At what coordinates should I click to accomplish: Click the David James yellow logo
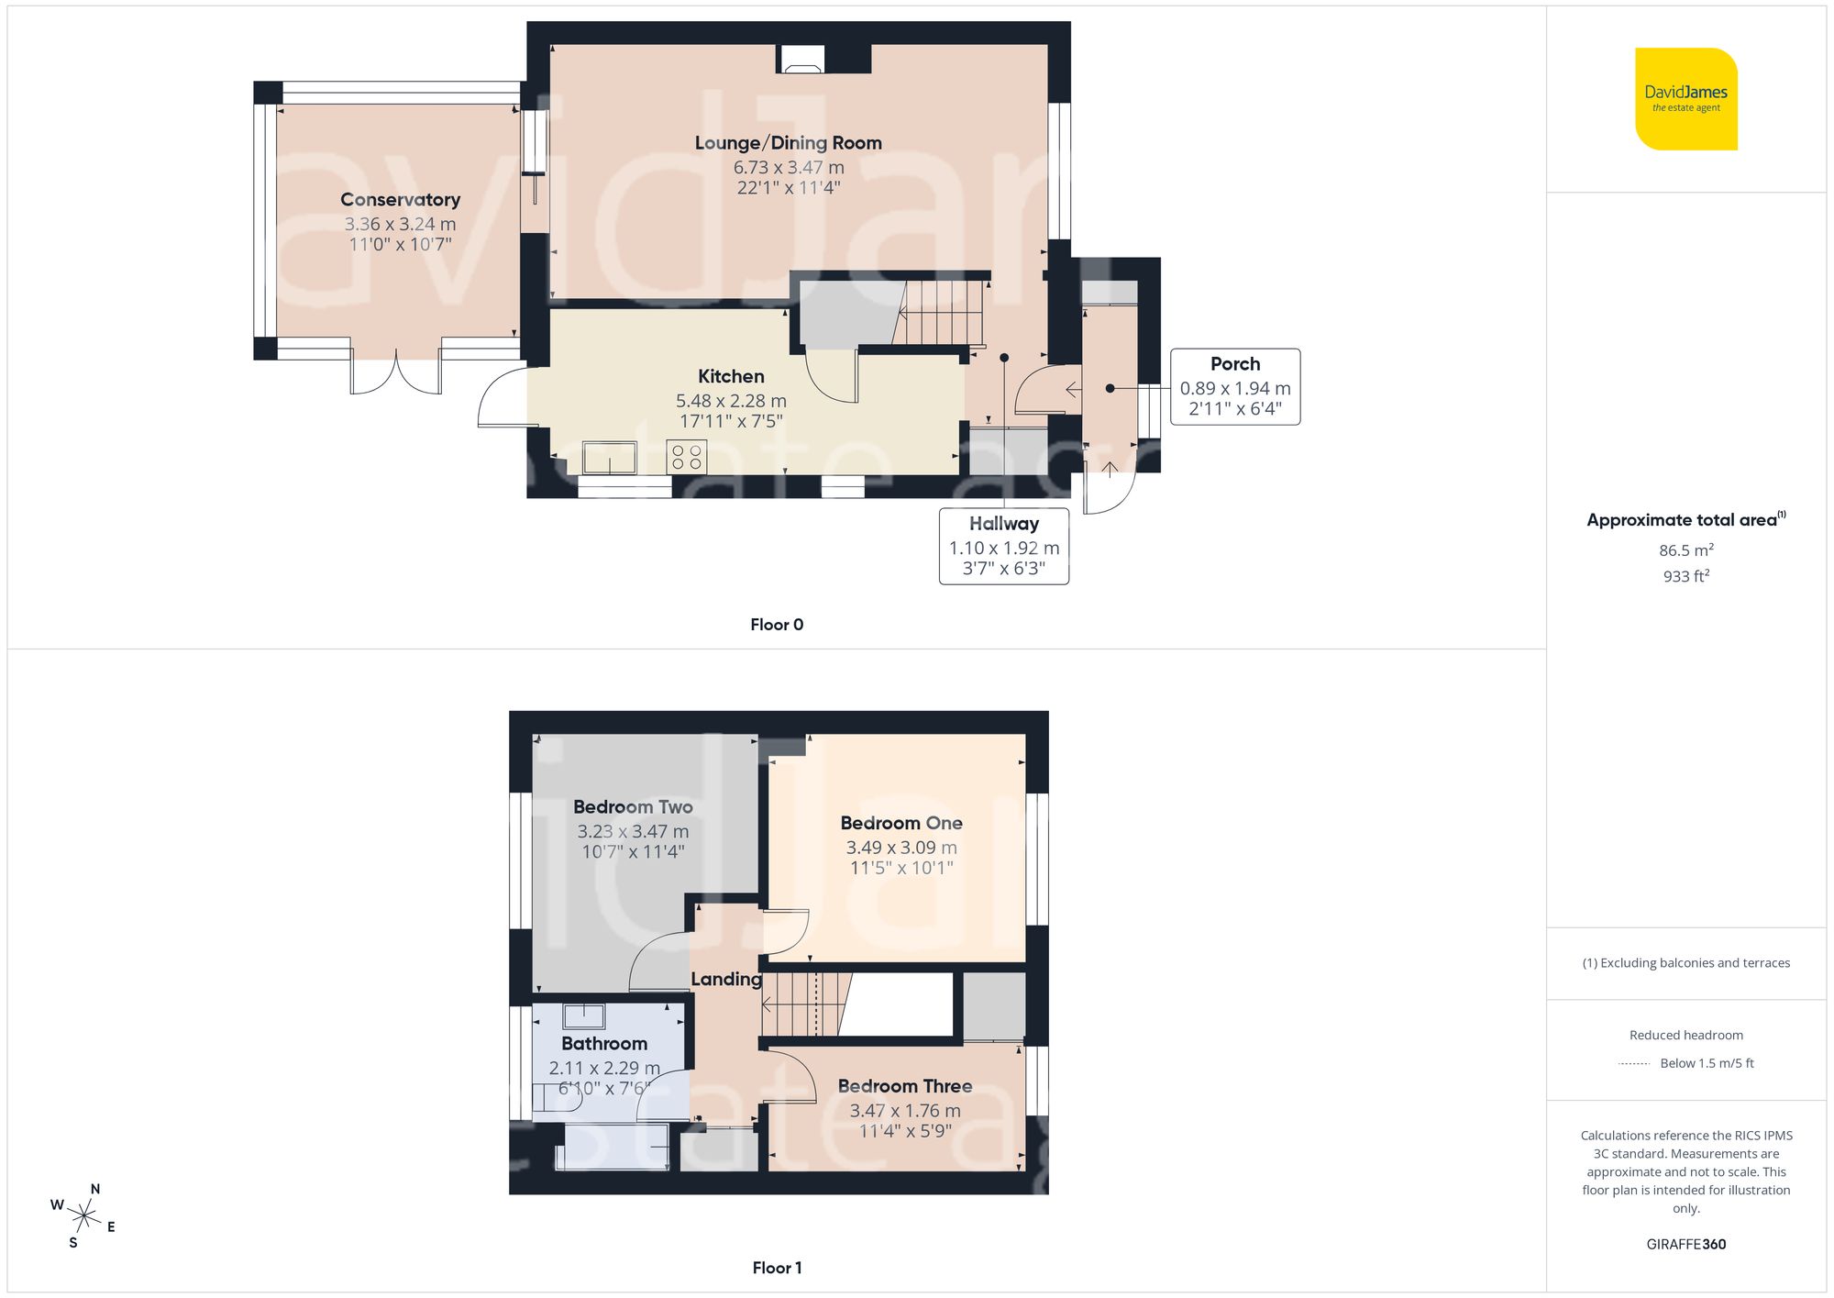[x=1685, y=99]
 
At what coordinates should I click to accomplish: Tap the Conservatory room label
[x=400, y=200]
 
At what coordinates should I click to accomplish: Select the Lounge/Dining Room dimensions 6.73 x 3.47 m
[x=788, y=168]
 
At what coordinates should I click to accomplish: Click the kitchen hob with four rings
[x=687, y=457]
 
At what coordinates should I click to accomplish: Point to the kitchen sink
[x=609, y=457]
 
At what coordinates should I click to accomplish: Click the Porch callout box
[x=1234, y=386]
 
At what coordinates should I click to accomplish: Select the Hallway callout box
[x=1003, y=546]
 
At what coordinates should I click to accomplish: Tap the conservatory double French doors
[x=396, y=372]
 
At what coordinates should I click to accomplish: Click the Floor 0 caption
[x=776, y=625]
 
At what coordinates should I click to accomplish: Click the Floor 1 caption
[x=776, y=1268]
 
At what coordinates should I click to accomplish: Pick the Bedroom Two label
[x=633, y=807]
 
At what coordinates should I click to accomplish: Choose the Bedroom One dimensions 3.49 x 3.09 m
[x=900, y=848]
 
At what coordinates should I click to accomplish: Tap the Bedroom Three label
[x=904, y=1086]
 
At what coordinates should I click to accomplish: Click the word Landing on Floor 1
[x=725, y=980]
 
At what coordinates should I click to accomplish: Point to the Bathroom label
[x=603, y=1044]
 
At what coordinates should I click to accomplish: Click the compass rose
[x=83, y=1216]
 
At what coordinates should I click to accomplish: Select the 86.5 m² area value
[x=1685, y=550]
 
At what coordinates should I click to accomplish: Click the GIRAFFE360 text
[x=1685, y=1245]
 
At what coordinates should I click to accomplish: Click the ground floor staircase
[x=941, y=313]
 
